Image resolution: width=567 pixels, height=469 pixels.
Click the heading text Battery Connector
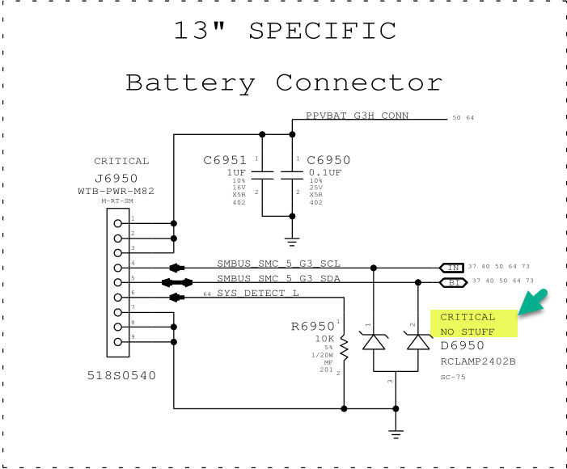pos(284,82)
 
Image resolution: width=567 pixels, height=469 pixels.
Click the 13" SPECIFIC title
pos(285,31)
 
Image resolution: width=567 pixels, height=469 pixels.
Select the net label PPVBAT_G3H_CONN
pos(357,116)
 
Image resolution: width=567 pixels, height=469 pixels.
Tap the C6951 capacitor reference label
pos(225,160)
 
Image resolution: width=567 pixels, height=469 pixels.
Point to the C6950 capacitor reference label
pos(329,160)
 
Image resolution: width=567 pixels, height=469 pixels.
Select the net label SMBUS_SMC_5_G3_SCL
pos(278,263)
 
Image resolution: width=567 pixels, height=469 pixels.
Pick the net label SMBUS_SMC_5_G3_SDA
pos(278,278)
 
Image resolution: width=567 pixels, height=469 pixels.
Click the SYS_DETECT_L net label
pos(258,293)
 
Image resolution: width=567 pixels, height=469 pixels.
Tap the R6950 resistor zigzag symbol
pos(345,349)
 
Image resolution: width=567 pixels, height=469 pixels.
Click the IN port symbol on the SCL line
pos(451,267)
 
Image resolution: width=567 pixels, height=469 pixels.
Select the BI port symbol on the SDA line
pos(451,282)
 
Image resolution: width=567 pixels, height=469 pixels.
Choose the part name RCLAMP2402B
pos(478,361)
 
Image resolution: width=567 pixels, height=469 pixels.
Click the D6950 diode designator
pos(462,345)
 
